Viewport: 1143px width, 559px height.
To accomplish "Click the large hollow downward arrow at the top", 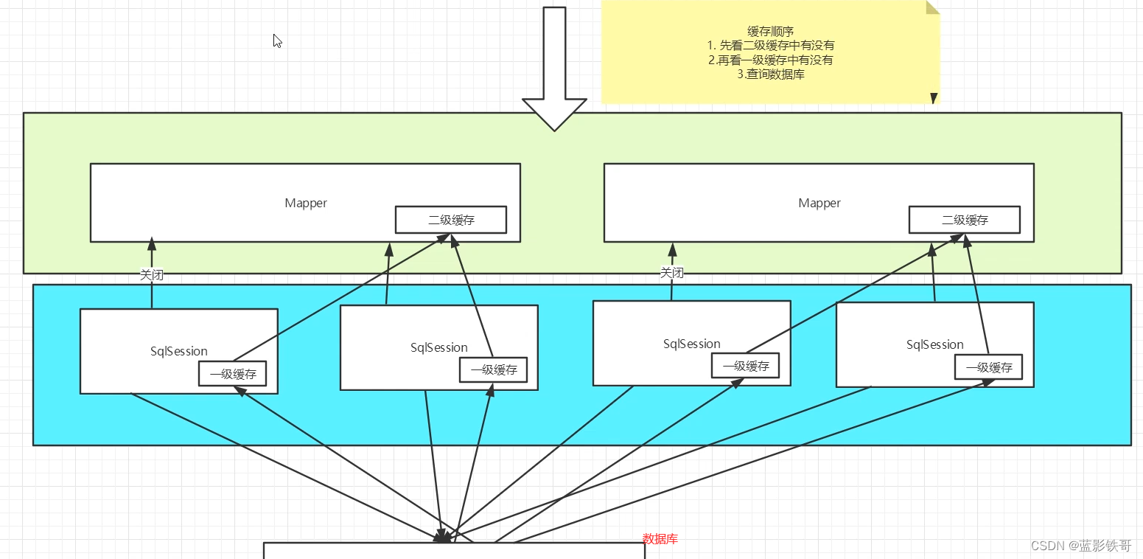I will coord(554,70).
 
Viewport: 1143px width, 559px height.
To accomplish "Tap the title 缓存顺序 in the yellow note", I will coord(770,31).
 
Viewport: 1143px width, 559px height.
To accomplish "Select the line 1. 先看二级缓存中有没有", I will coord(770,46).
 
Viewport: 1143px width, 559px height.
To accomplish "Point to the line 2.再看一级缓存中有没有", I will coord(770,60).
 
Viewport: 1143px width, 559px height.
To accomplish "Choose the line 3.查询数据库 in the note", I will coord(770,74).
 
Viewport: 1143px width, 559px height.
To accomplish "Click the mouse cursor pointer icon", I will coord(277,41).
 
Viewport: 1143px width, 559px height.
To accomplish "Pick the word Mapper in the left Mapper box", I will coord(306,204).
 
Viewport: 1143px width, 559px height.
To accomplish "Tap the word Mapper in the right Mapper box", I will coord(819,204).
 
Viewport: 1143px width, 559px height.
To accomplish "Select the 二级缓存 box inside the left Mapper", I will coord(451,220).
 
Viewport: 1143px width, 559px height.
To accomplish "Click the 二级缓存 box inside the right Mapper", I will coord(965,220).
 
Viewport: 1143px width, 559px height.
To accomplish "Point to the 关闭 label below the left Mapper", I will coord(152,274).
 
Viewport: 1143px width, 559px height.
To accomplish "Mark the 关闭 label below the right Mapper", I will coord(671,273).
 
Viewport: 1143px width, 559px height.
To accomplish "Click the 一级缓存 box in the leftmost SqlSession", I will coord(233,374).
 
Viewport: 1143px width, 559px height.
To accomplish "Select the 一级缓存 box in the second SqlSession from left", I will coord(493,369).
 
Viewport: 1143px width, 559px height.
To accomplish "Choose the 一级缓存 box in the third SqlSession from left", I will coord(745,366).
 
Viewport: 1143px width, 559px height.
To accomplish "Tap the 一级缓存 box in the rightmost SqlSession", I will coord(988,367).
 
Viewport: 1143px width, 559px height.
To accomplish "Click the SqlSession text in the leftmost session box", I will coord(179,351).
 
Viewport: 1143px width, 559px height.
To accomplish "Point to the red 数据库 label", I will coord(660,539).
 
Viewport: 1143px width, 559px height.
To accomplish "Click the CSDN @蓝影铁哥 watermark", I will coord(1081,546).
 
